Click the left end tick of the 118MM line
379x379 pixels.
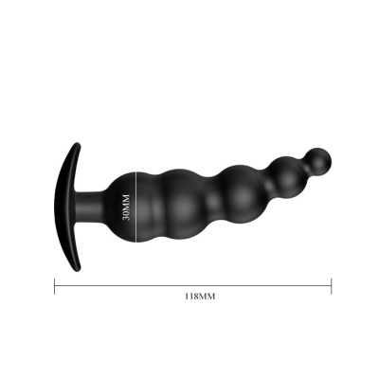tap(55, 282)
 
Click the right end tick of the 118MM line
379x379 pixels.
tap(332, 282)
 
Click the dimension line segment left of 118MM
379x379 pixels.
tap(114, 282)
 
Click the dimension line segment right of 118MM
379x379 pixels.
tap(275, 282)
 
